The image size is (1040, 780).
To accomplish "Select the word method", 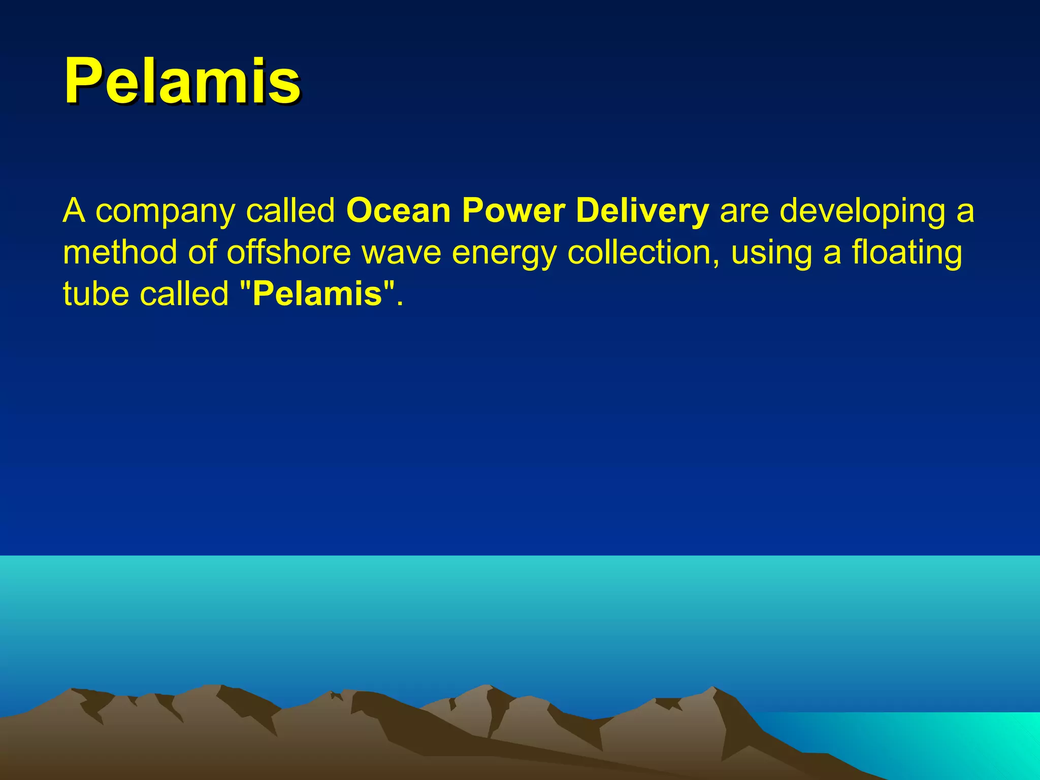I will (x=120, y=252).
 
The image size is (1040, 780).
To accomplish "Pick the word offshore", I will (x=288, y=252).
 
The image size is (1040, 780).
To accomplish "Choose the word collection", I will (x=643, y=252).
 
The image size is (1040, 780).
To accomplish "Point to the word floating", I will (x=906, y=253).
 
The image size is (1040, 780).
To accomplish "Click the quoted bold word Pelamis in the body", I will (x=317, y=294).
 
